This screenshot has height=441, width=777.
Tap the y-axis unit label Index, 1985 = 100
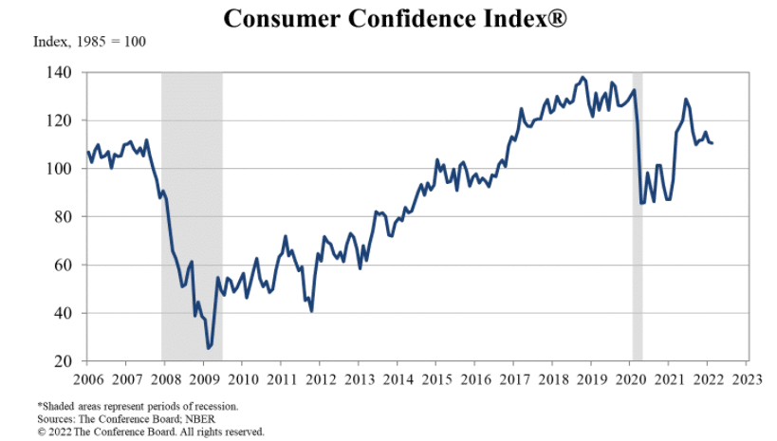pyautogui.click(x=89, y=42)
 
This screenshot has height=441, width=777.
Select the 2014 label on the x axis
pyautogui.click(x=398, y=380)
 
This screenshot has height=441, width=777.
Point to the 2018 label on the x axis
pyautogui.click(x=552, y=380)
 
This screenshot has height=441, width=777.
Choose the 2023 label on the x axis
pyautogui.click(x=746, y=380)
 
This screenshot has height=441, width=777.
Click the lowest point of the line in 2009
pyautogui.click(x=209, y=348)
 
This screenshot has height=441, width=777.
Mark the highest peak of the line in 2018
pyautogui.click(x=583, y=78)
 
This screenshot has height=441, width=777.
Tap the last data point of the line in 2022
pyautogui.click(x=712, y=142)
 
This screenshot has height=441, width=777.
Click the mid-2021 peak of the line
pyautogui.click(x=685, y=99)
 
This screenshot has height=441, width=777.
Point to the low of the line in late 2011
pyautogui.click(x=311, y=310)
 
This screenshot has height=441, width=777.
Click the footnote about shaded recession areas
pyautogui.click(x=138, y=406)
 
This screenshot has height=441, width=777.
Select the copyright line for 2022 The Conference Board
pyautogui.click(x=151, y=431)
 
